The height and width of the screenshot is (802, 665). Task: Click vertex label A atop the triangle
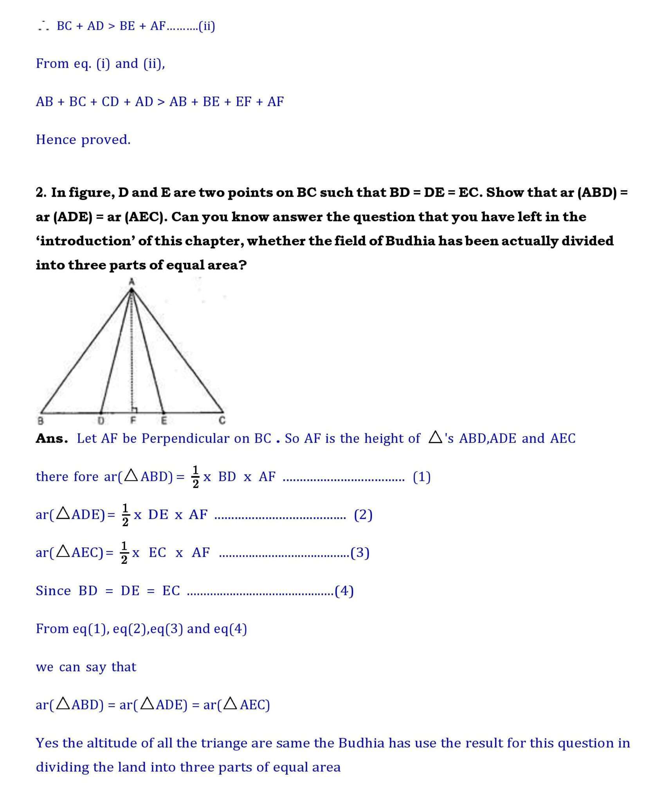click(132, 281)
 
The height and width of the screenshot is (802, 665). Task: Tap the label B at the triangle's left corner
click(40, 421)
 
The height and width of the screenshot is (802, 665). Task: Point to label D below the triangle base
click(101, 421)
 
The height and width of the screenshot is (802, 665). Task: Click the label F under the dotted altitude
click(133, 421)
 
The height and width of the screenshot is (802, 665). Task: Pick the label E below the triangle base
click(164, 421)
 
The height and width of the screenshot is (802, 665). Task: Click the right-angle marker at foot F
click(134, 410)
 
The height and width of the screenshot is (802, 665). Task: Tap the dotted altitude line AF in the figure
click(132, 352)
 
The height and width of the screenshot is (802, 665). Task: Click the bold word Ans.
click(51, 439)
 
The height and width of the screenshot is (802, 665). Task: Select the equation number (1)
click(422, 477)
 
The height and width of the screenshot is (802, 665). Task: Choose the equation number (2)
click(363, 515)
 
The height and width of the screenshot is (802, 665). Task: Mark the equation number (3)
click(360, 553)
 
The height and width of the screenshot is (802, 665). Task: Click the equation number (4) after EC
click(344, 591)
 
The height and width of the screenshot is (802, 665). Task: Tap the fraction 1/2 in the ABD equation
click(196, 477)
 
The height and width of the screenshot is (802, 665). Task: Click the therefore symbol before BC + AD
click(43, 27)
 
